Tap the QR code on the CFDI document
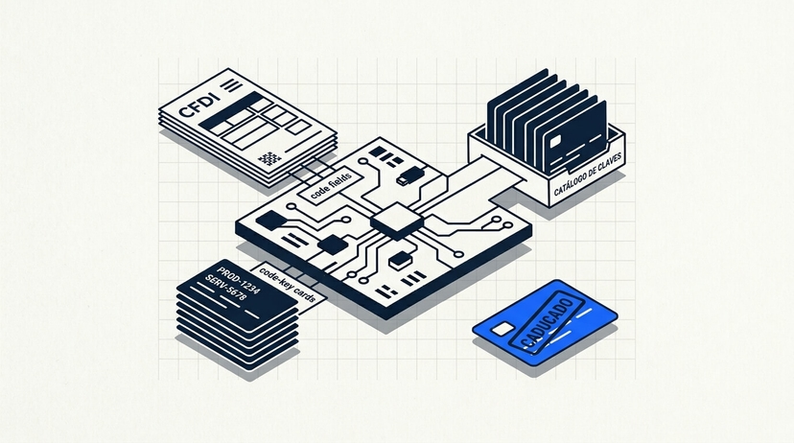click(269, 158)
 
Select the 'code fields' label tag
click(331, 185)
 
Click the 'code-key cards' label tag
click(288, 285)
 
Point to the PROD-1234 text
click(238, 279)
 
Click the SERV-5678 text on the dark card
click(225, 287)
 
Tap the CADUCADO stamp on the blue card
click(546, 320)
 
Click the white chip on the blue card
click(502, 330)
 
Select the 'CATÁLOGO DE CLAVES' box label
click(588, 174)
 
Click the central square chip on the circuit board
click(396, 221)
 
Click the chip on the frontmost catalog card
click(555, 141)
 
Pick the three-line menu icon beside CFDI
click(233, 85)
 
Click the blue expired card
click(545, 322)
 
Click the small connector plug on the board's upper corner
click(410, 175)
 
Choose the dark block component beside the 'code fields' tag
click(271, 221)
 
